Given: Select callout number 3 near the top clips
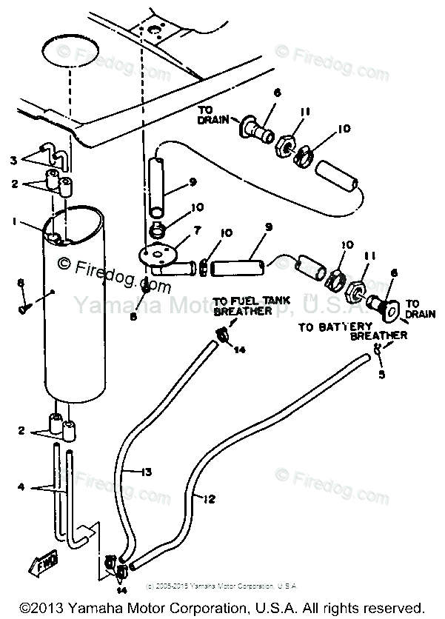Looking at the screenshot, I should coord(13,159).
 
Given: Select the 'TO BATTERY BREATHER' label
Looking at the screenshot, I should coord(352,330).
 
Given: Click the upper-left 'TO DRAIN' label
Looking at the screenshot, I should coord(212,115).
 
